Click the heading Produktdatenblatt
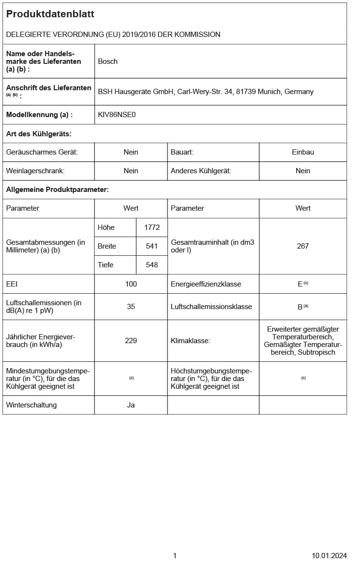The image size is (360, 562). click(50, 14)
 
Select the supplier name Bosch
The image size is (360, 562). click(108, 61)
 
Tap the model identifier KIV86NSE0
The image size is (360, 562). click(117, 115)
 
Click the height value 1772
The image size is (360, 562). click(152, 227)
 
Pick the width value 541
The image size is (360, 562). click(152, 246)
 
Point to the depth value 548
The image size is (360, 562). click(152, 265)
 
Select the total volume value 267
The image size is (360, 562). click(303, 246)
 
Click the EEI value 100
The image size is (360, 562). click(131, 284)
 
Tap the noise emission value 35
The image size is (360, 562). click(131, 307)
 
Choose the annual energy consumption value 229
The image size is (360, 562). click(131, 341)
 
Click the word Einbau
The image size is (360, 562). click(303, 152)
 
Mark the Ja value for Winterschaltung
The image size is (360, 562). click(131, 405)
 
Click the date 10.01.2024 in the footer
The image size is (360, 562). click(329, 556)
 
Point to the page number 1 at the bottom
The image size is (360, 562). click(175, 556)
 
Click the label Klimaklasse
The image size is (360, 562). click(191, 341)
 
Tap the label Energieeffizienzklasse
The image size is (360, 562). click(206, 284)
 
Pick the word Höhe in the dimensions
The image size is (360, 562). click(106, 227)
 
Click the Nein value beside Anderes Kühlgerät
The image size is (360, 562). click(303, 171)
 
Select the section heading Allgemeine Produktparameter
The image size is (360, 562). click(57, 190)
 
